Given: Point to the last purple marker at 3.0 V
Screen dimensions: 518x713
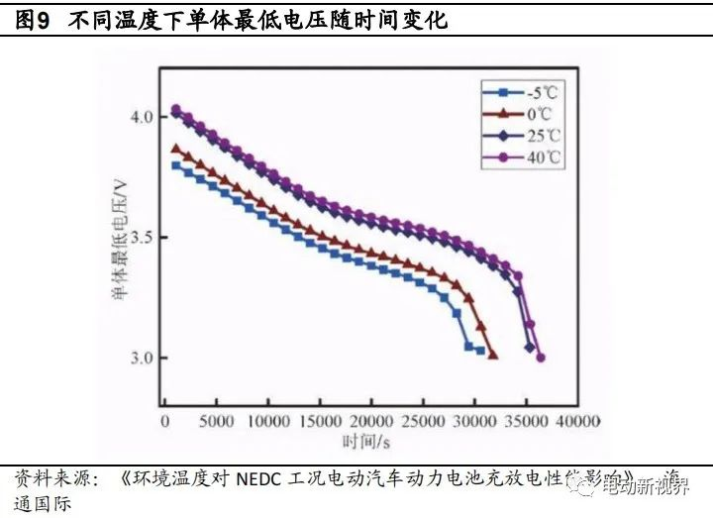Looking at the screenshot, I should (541, 358).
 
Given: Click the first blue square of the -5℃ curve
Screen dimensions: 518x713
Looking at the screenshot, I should (176, 165).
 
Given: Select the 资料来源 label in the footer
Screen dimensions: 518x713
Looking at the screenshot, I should (49, 478).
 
